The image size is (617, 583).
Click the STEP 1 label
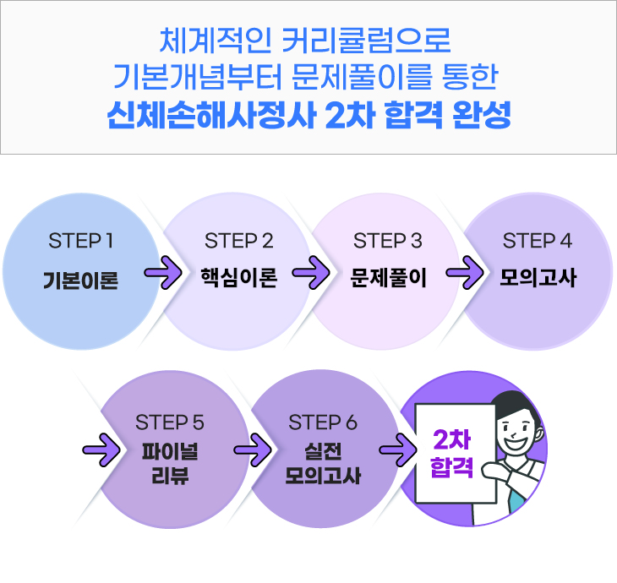(x=81, y=241)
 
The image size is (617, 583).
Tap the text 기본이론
(x=81, y=280)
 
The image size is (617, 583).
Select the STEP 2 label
(x=238, y=241)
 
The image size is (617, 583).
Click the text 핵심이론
(x=238, y=278)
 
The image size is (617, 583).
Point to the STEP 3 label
(x=388, y=241)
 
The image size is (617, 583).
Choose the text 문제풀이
(x=388, y=278)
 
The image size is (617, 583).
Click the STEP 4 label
(x=538, y=241)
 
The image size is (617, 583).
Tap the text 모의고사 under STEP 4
(x=538, y=278)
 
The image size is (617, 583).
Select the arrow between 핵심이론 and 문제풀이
(x=311, y=275)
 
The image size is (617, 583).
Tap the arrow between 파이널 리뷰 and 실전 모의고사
(x=250, y=447)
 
